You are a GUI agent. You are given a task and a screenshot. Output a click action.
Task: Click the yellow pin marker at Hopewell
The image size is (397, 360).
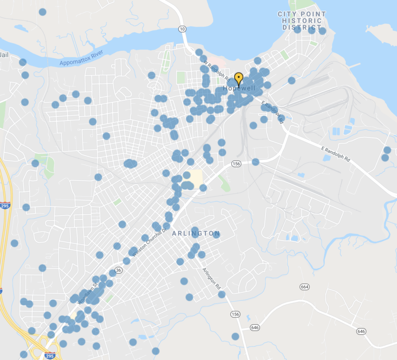click(239, 78)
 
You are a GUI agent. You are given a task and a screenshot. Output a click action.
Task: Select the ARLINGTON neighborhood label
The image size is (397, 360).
click(196, 233)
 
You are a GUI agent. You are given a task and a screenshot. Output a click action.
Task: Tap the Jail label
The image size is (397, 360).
click(4, 54)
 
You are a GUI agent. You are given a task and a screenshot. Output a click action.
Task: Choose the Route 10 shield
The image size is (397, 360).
click(183, 30)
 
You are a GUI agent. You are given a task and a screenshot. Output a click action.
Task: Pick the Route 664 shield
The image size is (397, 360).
click(304, 287)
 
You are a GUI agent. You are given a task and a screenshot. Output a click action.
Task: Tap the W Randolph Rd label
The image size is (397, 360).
click(217, 71)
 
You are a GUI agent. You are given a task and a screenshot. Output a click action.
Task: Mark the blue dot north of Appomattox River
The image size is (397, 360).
click(43, 12)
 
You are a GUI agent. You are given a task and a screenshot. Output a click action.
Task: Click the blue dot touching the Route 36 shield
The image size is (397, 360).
click(113, 273)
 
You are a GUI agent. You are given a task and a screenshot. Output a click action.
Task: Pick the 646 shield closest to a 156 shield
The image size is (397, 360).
click(255, 327)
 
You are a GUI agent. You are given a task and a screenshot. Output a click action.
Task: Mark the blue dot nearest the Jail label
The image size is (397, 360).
click(22, 62)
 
